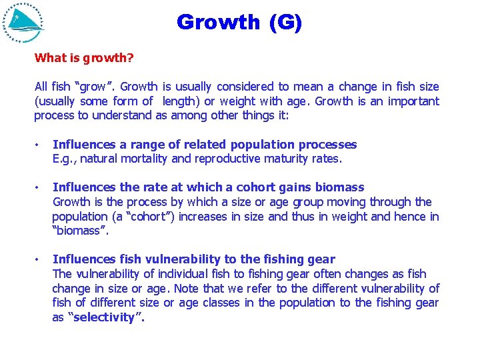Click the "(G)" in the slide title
286,22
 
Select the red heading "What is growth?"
84,58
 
